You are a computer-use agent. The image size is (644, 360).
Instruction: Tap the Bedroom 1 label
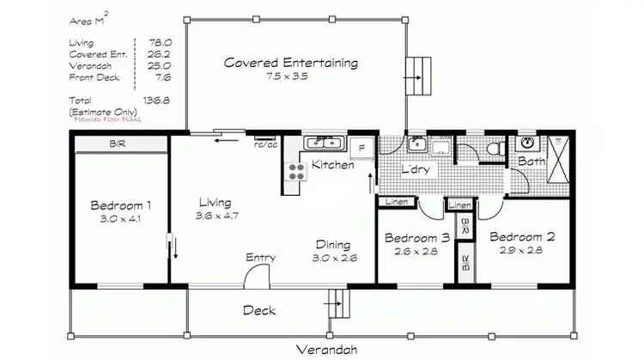[121, 205]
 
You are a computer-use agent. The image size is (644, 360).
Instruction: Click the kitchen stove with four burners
[296, 171]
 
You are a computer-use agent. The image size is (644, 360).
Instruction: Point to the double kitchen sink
[324, 143]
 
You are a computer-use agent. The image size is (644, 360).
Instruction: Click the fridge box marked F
[361, 148]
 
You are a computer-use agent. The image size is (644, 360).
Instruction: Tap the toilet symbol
[495, 149]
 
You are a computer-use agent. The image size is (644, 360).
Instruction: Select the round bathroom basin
[529, 143]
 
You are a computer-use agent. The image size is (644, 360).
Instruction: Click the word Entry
[260, 258]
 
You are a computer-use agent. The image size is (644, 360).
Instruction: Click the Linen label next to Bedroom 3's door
[397, 202]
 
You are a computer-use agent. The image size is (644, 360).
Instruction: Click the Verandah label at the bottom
[327, 349]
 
